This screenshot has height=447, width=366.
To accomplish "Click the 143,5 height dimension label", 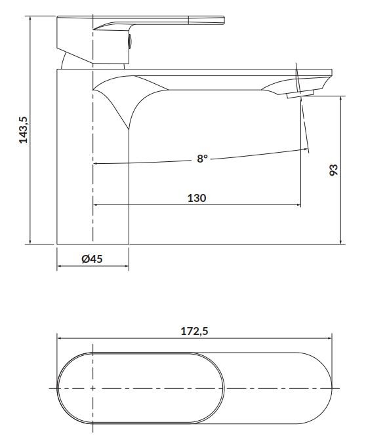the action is pos(24,130).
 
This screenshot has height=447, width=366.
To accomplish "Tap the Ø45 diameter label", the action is pos(92,259).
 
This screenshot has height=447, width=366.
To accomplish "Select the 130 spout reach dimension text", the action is pos(197,198).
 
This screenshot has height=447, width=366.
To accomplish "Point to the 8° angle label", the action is pos(202,158).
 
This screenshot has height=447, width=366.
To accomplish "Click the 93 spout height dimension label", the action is pos(333,170).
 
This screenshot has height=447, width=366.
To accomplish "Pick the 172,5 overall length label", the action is pos(195,331).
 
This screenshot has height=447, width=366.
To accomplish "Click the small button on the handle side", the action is pos(130,41).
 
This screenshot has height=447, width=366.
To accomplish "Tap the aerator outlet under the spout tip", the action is pos(300,94).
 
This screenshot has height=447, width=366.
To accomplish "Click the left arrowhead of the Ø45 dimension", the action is pos(59,266).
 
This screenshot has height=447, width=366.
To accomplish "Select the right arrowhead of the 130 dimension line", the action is pos(298,204).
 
